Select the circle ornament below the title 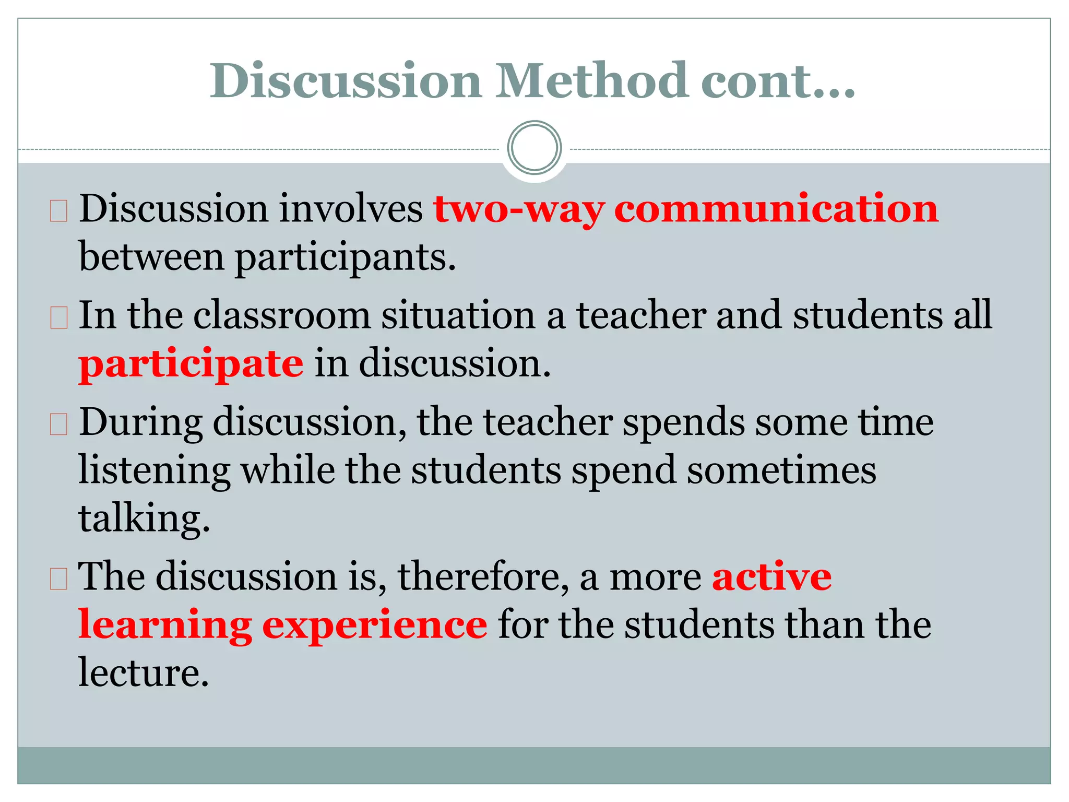(x=534, y=148)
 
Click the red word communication (x=776, y=209)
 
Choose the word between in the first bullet (x=151, y=257)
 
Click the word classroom (x=282, y=315)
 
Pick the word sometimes (x=781, y=470)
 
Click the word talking (x=144, y=519)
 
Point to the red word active (x=772, y=577)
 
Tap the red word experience (x=375, y=626)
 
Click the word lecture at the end (x=143, y=673)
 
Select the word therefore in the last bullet (x=483, y=577)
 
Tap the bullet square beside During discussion (x=59, y=425)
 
